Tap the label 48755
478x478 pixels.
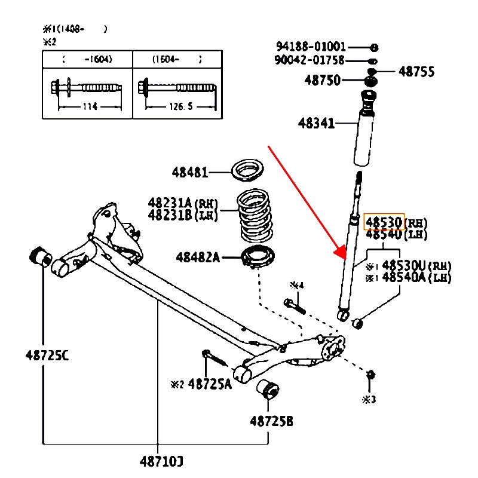coord(416,72)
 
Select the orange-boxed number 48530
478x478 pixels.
coord(384,222)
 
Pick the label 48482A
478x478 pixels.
coord(198,258)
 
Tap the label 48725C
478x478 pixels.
coord(47,355)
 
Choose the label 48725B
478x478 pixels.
coord(271,421)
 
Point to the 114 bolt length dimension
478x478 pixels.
coord(88,107)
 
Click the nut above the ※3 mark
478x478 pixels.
coord(370,374)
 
